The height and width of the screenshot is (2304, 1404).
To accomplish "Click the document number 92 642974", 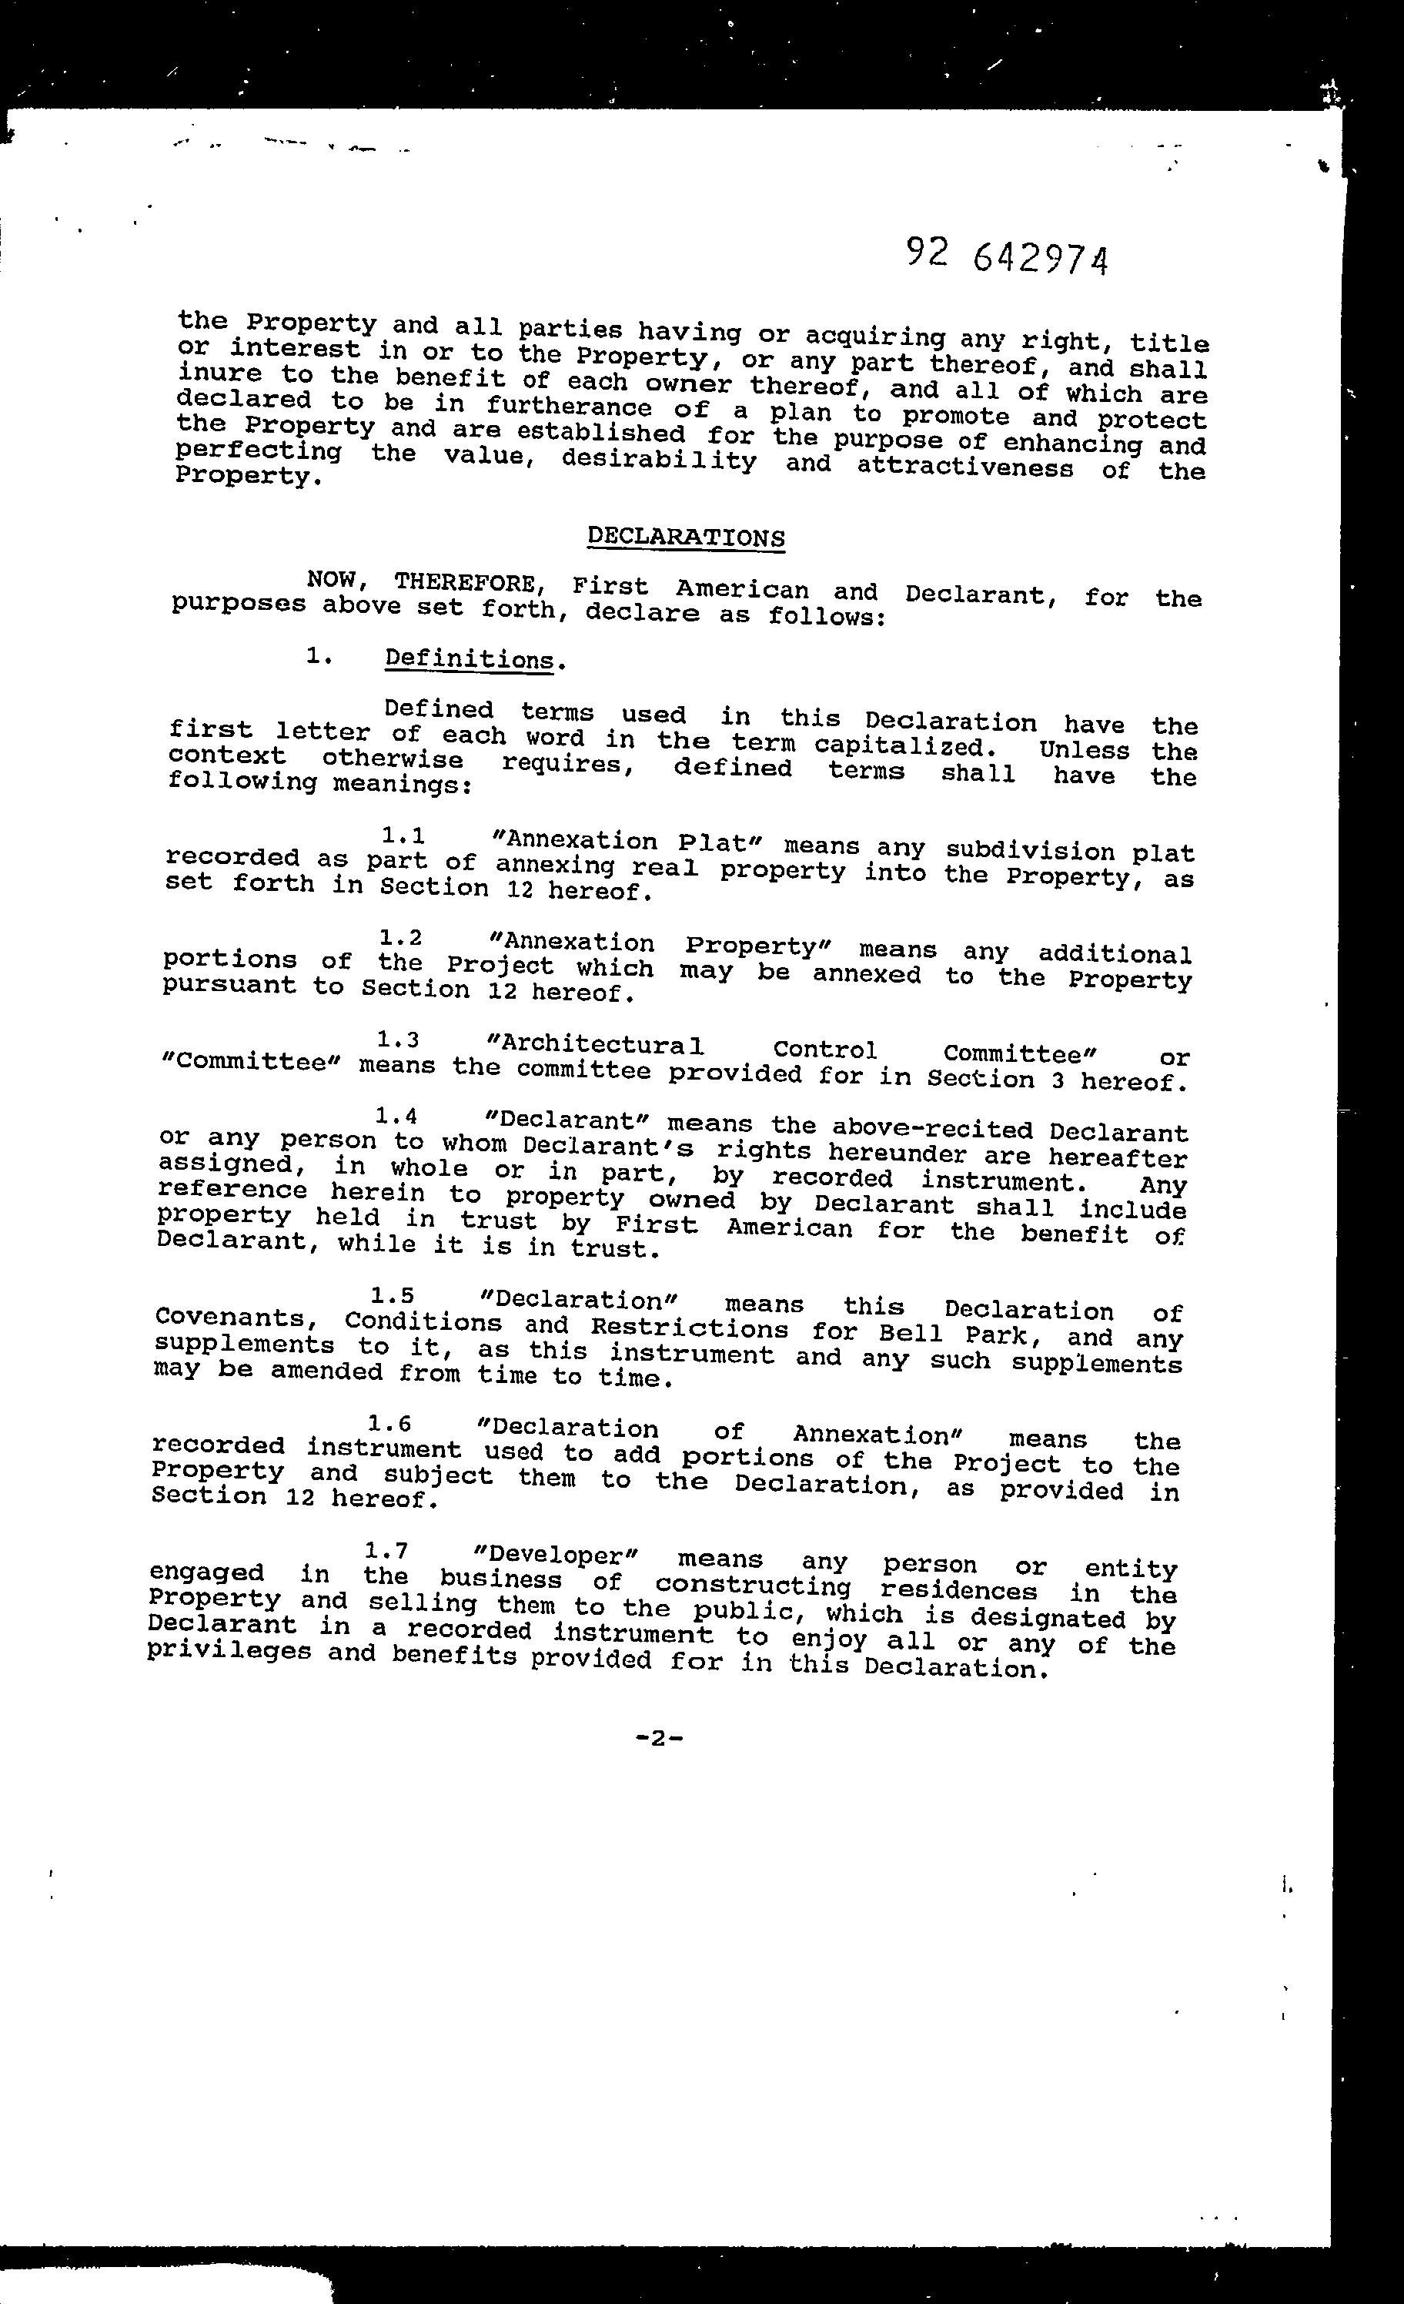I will click(1008, 256).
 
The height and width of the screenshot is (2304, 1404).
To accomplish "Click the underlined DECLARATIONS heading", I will click(685, 537).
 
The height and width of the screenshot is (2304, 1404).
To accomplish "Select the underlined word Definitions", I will click(470, 659).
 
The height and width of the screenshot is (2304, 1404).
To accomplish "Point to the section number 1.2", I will click(400, 936).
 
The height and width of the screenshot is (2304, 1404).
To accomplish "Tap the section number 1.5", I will click(392, 1295).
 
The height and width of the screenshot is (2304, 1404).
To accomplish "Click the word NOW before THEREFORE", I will click(331, 580).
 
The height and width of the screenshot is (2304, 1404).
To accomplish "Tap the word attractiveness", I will click(964, 466).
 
